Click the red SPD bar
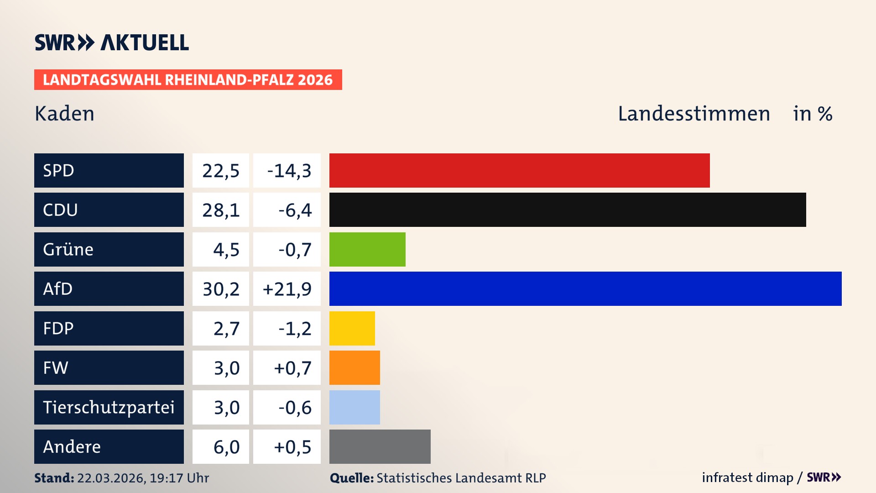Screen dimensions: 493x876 [519, 170]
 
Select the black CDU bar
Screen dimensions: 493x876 [568, 210]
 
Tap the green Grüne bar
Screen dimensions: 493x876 [367, 249]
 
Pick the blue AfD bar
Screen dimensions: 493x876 [585, 288]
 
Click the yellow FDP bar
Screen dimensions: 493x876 [352, 328]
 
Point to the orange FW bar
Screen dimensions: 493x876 [355, 367]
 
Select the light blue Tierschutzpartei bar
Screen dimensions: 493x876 [355, 407]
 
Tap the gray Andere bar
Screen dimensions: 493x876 [380, 446]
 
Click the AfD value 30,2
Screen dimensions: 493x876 [221, 289]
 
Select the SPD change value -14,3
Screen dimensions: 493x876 [289, 171]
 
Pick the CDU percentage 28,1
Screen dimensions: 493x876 [221, 210]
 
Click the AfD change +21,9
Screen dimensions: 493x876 [287, 289]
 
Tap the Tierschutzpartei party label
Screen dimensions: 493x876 [109, 407]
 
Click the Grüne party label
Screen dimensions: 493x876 [68, 249]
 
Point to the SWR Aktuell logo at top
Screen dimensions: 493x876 [112, 42]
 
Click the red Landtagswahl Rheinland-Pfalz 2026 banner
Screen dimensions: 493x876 [188, 80]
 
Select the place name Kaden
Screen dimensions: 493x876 [64, 114]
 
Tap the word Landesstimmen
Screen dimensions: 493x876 [693, 114]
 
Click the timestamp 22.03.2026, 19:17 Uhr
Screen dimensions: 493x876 [143, 478]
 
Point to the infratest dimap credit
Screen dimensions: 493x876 [747, 477]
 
